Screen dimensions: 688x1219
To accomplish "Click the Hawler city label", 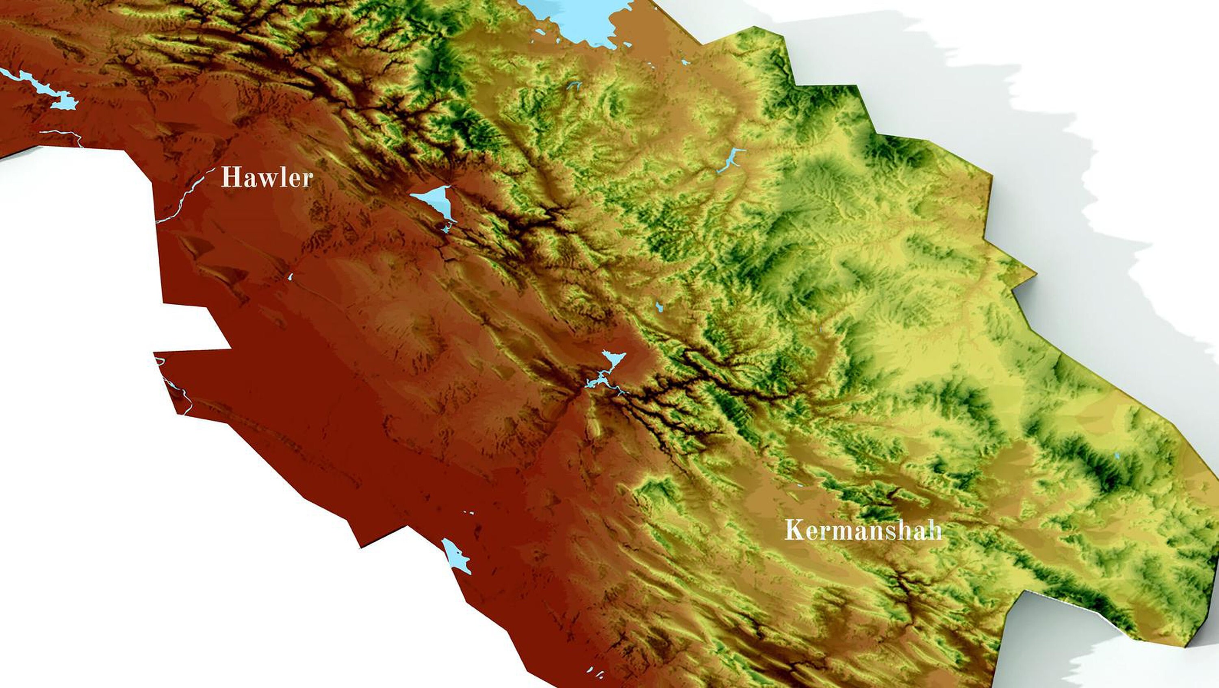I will [267, 178].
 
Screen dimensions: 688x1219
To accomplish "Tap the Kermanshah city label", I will [863, 530].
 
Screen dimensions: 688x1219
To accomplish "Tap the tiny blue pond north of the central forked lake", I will [659, 307].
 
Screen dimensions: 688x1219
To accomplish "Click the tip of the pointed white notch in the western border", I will [230, 349].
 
